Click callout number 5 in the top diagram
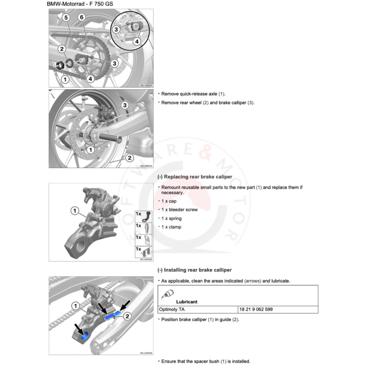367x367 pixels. click(x=66, y=17)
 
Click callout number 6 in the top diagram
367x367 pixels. click(x=81, y=17)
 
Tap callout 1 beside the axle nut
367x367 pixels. click(x=65, y=79)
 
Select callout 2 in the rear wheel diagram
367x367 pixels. click(x=129, y=158)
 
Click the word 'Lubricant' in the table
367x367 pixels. click(x=186, y=302)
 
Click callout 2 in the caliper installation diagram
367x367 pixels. click(x=128, y=316)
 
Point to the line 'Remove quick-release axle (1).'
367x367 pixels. click(x=193, y=94)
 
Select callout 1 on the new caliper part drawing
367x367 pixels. click(x=75, y=211)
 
